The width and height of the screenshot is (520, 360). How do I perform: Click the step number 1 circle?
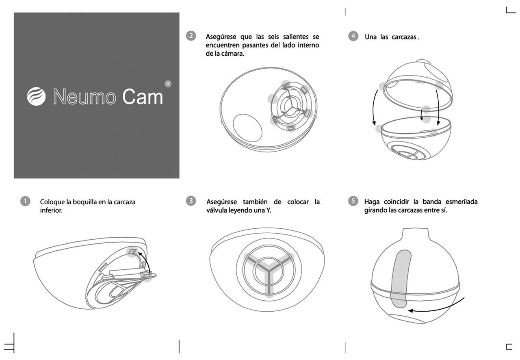[x=25, y=201]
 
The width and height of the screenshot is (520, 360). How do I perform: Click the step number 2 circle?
[x=191, y=36]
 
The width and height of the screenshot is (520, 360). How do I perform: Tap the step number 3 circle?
[x=191, y=201]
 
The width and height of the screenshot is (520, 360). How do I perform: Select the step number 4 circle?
[x=353, y=36]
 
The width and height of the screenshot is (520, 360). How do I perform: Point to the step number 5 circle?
[x=353, y=201]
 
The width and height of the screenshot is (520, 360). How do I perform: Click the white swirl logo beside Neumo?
[x=36, y=96]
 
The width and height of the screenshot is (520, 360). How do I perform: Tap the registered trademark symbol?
[x=168, y=84]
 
